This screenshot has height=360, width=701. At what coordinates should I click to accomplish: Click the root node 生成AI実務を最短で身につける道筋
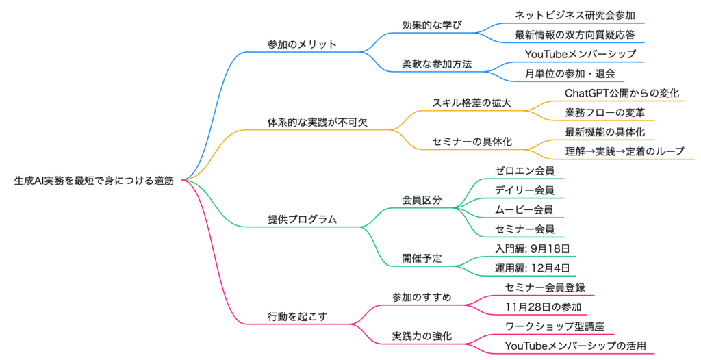coord(94,181)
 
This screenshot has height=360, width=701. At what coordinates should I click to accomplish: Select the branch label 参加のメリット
coord(302,44)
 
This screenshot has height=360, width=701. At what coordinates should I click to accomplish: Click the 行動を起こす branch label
coord(297,317)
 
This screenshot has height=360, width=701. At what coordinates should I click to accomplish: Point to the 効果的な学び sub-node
coord(432,25)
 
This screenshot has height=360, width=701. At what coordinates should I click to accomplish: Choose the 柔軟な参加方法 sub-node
coord(437,64)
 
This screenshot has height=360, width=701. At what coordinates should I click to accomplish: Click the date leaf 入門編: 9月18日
coord(532,248)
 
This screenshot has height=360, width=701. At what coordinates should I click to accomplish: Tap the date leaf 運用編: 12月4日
coord(532,268)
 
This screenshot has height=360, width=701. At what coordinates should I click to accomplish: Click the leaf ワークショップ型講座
coord(554,326)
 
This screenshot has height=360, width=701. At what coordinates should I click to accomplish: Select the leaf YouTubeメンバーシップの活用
coord(575,346)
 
